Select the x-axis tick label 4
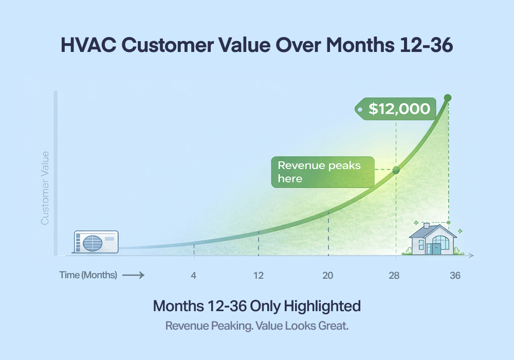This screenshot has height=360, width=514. [x=194, y=275]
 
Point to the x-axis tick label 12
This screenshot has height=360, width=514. [x=259, y=275]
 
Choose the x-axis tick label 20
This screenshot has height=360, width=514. [x=328, y=275]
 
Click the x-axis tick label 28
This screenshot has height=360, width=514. [x=394, y=275]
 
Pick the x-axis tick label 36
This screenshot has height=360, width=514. [x=455, y=275]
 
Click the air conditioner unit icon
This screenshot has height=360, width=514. [x=96, y=241]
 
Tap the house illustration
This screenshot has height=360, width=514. [x=433, y=240]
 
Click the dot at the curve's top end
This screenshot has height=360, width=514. [x=448, y=97]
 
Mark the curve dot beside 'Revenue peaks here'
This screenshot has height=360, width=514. [x=396, y=170]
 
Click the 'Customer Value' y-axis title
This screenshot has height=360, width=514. [x=45, y=188]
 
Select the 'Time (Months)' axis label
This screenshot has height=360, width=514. [x=88, y=275]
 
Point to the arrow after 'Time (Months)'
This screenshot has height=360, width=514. [x=133, y=275]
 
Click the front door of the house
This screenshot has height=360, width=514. [x=436, y=248]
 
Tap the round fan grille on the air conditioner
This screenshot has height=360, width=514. [x=93, y=242]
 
